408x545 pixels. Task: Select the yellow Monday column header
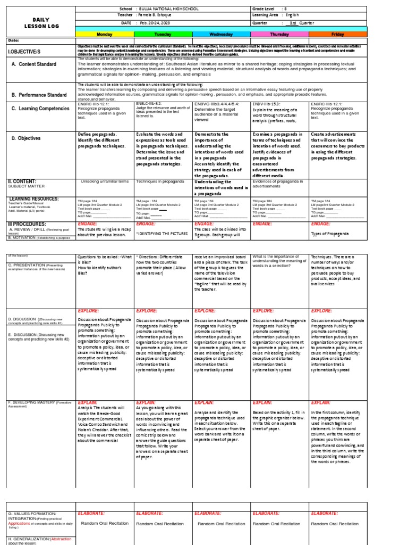(x=105, y=34)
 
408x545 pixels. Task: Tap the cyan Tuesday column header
(x=162, y=34)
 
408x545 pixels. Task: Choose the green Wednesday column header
(x=221, y=34)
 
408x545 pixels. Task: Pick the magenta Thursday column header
(x=279, y=34)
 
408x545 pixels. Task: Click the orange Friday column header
(x=337, y=34)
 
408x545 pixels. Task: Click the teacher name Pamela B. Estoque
(x=161, y=16)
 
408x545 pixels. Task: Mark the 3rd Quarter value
(x=301, y=23)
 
